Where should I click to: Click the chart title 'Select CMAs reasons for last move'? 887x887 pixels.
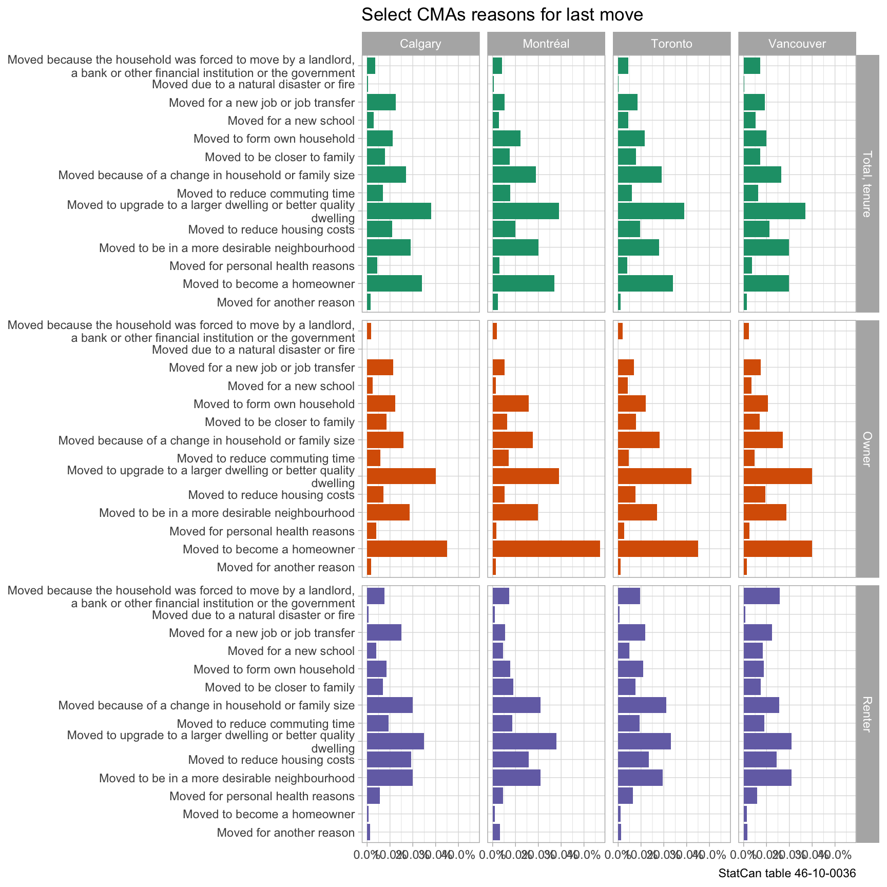click(502, 14)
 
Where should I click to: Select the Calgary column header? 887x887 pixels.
click(420, 44)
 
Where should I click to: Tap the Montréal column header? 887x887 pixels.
click(546, 44)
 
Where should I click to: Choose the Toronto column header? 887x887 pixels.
click(671, 44)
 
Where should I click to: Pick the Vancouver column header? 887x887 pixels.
click(797, 44)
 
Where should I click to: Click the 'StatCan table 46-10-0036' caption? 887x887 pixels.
click(787, 874)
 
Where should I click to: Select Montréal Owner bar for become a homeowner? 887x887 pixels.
click(546, 549)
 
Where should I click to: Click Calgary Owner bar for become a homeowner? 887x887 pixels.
click(407, 549)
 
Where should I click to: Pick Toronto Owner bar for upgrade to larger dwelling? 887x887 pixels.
click(654, 476)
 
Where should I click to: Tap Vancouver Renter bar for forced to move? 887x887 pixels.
click(761, 596)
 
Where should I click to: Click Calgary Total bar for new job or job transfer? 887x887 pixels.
click(381, 103)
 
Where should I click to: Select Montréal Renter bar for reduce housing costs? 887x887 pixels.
click(510, 760)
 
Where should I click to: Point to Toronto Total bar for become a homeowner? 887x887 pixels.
click(645, 284)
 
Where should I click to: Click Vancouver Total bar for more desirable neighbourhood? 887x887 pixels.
click(766, 248)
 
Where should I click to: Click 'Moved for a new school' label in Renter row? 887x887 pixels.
click(291, 651)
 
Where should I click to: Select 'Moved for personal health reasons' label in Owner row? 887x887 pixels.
click(262, 531)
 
